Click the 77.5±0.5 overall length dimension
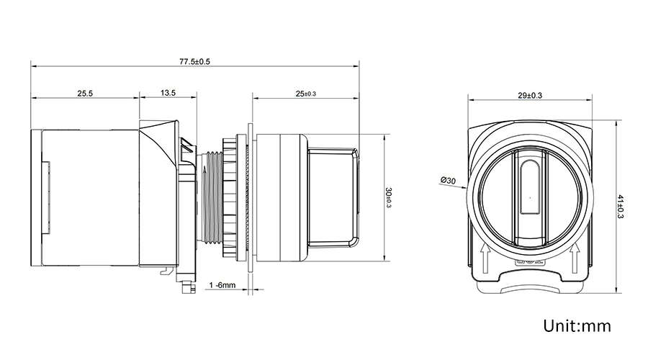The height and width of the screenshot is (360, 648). (194, 62)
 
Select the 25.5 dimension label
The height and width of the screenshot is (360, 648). (85, 94)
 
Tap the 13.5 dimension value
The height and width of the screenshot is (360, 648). (168, 93)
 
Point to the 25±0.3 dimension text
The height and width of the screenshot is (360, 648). (306, 94)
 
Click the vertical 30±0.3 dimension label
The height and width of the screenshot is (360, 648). (389, 197)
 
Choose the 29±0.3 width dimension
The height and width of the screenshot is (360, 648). (530, 96)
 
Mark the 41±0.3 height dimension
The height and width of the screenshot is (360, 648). (620, 207)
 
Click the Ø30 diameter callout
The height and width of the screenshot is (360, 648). (448, 181)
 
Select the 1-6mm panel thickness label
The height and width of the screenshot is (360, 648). (222, 285)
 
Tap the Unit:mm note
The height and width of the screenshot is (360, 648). (577, 325)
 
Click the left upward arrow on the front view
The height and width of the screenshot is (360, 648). (485, 258)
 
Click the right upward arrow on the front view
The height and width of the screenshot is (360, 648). (575, 258)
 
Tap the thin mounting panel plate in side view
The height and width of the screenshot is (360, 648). (250, 197)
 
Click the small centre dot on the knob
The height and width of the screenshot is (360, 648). (530, 198)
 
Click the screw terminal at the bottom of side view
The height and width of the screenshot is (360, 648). (189, 287)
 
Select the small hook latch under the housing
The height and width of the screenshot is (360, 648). (166, 270)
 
